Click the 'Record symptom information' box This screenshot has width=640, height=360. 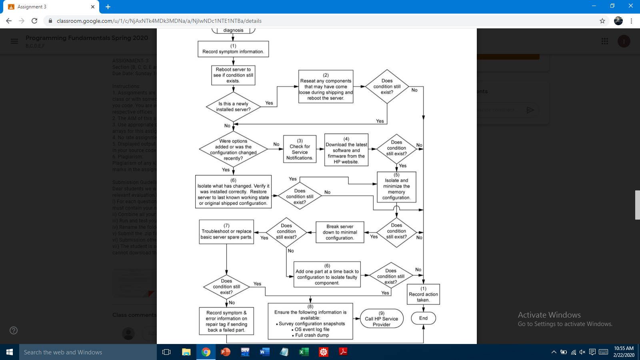(233, 49)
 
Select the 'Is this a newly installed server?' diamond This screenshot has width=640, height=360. (234, 106)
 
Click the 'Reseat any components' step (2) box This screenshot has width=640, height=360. (326, 87)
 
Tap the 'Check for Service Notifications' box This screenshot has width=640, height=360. (300, 149)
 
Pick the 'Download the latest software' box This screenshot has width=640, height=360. (346, 150)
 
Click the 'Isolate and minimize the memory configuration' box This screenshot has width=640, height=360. (396, 187)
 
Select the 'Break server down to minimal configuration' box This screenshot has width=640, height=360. (340, 232)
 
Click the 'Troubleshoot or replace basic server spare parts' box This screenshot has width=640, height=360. (226, 232)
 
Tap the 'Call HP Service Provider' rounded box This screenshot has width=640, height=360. (382, 319)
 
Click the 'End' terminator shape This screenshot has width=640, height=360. (423, 318)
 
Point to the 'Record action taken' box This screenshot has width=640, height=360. (423, 294)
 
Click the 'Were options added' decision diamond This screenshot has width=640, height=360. (233, 149)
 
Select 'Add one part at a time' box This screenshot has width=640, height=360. (327, 274)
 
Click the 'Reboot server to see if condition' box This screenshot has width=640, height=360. (233, 75)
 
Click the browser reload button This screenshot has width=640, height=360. (34, 21)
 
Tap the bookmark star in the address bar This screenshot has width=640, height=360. (602, 21)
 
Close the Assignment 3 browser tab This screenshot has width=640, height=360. (93, 7)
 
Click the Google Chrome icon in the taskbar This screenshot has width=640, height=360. (206, 352)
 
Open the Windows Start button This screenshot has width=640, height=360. (10, 352)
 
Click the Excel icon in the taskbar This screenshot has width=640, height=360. (304, 352)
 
